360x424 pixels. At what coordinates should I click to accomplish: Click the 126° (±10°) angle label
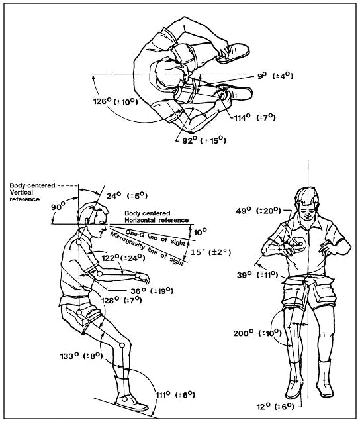116,101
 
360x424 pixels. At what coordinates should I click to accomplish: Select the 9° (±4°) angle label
275,76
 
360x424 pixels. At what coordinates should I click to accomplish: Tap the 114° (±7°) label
255,117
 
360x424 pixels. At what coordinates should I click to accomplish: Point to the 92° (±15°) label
204,140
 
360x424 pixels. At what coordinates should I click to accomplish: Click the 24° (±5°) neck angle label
127,195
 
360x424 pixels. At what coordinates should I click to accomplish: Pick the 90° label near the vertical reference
58,207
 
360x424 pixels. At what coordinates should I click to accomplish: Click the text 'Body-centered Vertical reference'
32,192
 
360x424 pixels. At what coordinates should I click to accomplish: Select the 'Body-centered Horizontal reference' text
157,217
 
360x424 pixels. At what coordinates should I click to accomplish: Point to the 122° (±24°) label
124,258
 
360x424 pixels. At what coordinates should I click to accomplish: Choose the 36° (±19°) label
152,291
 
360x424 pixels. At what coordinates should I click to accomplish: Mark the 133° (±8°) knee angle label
81,356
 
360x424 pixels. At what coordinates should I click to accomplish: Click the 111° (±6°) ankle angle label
175,395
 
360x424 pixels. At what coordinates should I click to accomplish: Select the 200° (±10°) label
257,333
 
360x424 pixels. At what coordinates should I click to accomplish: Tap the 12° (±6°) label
275,406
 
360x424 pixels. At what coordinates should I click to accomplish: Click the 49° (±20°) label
259,211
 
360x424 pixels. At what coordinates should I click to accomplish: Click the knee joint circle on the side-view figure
122,345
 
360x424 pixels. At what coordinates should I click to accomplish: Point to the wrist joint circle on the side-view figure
138,276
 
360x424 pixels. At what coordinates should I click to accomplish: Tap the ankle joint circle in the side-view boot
124,399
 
